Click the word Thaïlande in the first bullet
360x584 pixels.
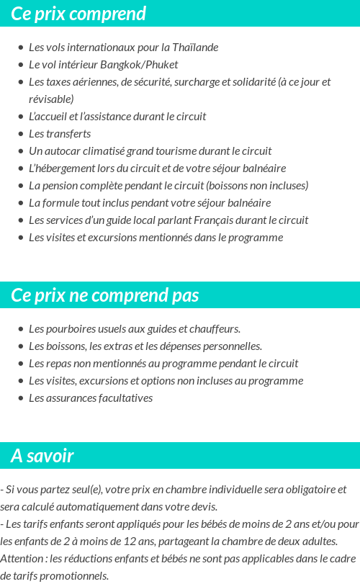click(195, 48)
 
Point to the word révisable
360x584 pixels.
click(51, 99)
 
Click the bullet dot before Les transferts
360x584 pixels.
click(20, 134)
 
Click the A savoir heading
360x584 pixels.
click(42, 456)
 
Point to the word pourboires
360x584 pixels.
click(73, 329)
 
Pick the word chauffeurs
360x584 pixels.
click(215, 329)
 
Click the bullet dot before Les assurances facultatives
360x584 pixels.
click(20, 398)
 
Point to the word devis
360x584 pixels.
click(203, 506)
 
